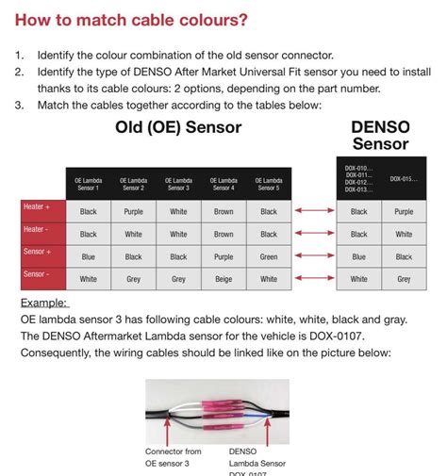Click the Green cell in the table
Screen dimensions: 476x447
click(269, 256)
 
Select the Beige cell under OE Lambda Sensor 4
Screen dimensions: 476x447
click(223, 279)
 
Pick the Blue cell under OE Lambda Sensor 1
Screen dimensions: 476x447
click(88, 256)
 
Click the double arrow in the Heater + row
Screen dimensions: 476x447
click(313, 211)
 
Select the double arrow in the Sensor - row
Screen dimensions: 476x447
click(313, 279)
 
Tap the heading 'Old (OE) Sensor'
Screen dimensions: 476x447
click(178, 127)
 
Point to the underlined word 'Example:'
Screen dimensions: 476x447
click(41, 303)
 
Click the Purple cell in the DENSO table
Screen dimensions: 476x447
click(404, 212)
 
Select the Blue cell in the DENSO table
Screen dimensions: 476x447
click(359, 256)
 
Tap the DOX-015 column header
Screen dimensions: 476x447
click(405, 178)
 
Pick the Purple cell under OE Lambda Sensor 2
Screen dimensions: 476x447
click(133, 212)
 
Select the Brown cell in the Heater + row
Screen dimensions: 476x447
click(223, 212)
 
